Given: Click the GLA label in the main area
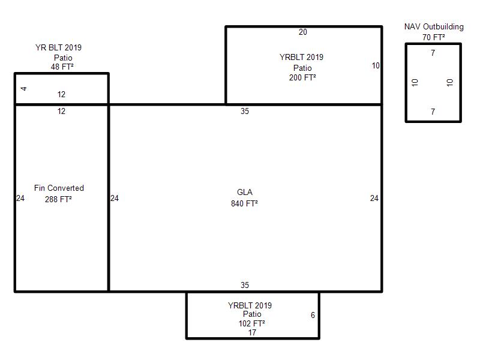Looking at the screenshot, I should point(244,193).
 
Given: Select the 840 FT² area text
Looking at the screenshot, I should point(244,203).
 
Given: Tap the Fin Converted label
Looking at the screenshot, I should point(59,188).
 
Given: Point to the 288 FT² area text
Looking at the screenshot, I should point(58,199).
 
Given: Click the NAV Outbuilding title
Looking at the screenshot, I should point(434,27).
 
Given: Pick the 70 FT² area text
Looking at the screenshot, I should point(433,37).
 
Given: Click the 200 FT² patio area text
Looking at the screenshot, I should point(302,77).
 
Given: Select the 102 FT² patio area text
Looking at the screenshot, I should point(251,323).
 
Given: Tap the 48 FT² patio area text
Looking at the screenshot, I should point(62,67).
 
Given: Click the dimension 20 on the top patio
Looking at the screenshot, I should point(303,32).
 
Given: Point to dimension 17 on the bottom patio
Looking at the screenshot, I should point(252,332).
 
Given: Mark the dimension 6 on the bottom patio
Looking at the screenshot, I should point(313,315).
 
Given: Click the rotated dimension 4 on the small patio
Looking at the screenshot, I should point(24,89).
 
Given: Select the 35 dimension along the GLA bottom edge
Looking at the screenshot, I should point(244,286).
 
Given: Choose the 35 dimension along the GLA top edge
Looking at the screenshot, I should point(244,111).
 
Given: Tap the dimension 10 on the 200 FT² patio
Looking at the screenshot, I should point(376,65).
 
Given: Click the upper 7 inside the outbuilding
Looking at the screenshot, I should point(433,53).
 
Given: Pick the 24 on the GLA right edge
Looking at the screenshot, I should point(374,199).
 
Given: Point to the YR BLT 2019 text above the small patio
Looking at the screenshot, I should point(59,48).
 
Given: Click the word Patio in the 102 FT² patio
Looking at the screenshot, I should point(252,314).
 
